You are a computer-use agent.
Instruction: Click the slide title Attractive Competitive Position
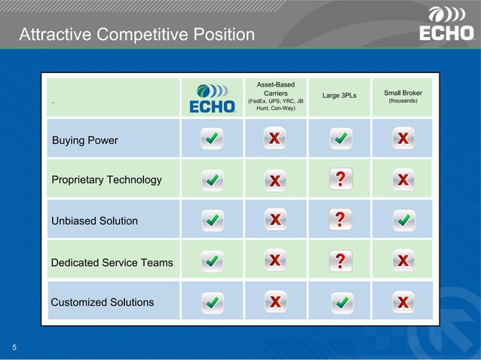pyautogui.click(x=136, y=35)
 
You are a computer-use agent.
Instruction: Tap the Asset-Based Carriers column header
pyautogui.click(x=275, y=97)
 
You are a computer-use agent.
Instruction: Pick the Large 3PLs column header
pyautogui.click(x=339, y=96)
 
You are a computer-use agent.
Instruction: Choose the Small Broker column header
pyautogui.click(x=403, y=96)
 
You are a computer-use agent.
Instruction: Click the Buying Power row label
pyautogui.click(x=84, y=141)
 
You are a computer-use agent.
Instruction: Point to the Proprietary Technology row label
pyautogui.click(x=106, y=180)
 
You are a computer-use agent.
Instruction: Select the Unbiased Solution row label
pyautogui.click(x=94, y=221)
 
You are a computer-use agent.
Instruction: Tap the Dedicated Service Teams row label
pyautogui.click(x=112, y=262)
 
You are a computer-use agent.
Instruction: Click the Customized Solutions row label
pyautogui.click(x=102, y=302)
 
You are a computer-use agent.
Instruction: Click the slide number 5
pyautogui.click(x=14, y=347)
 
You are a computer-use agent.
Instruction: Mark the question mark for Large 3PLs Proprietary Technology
pyautogui.click(x=340, y=178)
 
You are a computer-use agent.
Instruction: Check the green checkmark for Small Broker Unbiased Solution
pyautogui.click(x=403, y=220)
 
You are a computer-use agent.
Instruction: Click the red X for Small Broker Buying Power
pyautogui.click(x=403, y=138)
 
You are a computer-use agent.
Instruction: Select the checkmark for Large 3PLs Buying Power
pyautogui.click(x=340, y=138)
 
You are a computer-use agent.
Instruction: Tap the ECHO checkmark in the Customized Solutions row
pyautogui.click(x=213, y=302)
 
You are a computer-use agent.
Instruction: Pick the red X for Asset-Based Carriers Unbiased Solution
pyautogui.click(x=275, y=220)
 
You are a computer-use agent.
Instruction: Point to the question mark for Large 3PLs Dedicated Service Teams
pyautogui.click(x=340, y=261)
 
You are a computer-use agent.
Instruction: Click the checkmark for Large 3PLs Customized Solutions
pyautogui.click(x=340, y=302)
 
